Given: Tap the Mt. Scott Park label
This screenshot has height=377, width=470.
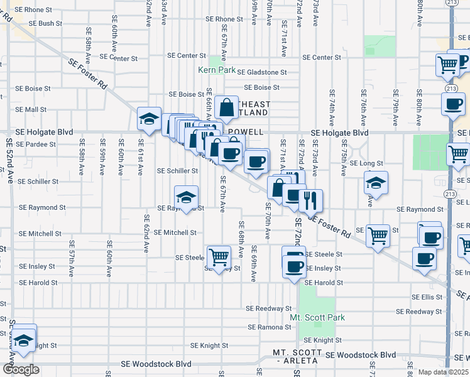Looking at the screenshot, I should [x=317, y=317].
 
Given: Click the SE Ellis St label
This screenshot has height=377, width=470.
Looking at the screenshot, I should [x=427, y=297].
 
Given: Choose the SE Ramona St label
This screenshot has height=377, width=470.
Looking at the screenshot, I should [x=271, y=327].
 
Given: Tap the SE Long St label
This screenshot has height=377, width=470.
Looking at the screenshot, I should [x=366, y=163].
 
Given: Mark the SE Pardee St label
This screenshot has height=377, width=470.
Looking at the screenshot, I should [x=36, y=144].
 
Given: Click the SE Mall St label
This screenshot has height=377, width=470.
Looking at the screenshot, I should [x=31, y=109].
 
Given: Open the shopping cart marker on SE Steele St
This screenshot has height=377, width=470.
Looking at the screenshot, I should [x=219, y=257].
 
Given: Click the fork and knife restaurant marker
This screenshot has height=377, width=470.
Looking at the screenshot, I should [x=310, y=201].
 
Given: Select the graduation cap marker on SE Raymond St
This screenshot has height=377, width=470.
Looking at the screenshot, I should [x=186, y=197].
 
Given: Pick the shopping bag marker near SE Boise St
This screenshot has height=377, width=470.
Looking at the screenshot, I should [x=226, y=108].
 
